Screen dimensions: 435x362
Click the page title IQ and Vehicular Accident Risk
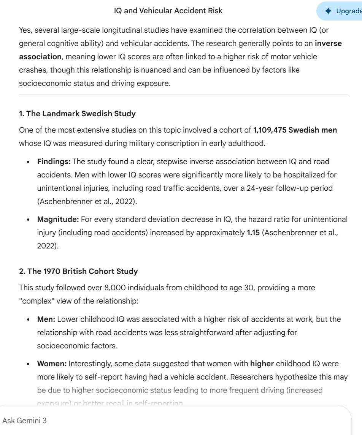click(x=168, y=11)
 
